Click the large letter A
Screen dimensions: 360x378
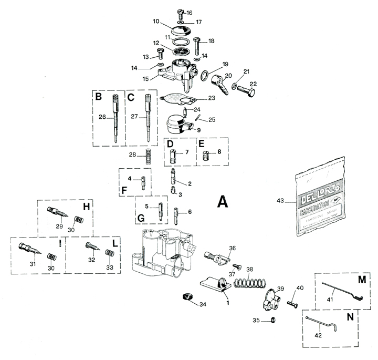tap(223, 201)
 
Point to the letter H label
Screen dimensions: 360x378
tap(87, 206)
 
